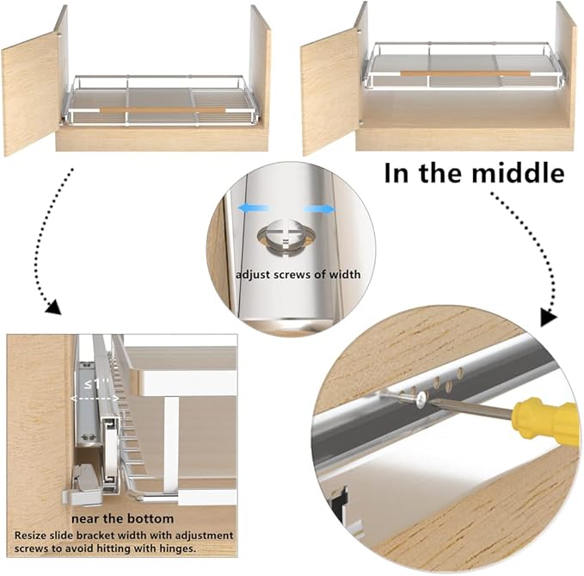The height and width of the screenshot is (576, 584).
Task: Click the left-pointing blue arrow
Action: point(255,208)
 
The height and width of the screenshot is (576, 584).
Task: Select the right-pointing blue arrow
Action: point(319,209)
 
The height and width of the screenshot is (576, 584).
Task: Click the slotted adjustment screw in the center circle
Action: point(286,238)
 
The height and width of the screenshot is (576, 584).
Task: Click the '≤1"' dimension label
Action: point(95,383)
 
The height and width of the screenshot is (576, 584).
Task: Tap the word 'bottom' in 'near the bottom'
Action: point(151,518)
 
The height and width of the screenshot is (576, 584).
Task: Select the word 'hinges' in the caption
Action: point(177,548)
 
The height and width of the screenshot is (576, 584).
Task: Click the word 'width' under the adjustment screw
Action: point(345,275)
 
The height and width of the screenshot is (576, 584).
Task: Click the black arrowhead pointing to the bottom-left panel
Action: point(52,307)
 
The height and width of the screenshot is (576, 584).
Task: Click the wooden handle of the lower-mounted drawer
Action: point(163,110)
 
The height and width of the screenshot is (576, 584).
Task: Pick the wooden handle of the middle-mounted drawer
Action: point(464,73)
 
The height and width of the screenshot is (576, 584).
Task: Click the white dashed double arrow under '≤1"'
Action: point(95,398)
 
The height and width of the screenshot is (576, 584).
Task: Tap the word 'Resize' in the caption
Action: point(28,536)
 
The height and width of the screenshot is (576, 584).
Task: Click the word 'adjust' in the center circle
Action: point(252,275)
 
